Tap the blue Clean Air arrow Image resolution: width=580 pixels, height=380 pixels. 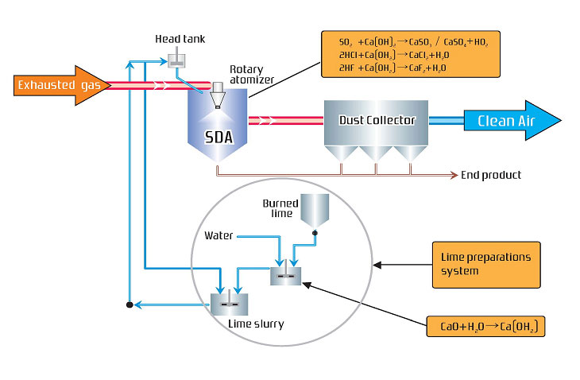point(509,121)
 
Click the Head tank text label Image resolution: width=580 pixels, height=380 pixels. point(176,40)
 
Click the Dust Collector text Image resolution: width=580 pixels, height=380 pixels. point(377,120)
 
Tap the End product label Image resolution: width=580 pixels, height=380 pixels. point(491,175)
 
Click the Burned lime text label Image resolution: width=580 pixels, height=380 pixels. point(280,209)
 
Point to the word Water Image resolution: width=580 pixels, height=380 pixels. point(218,235)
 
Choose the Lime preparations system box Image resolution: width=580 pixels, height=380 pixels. point(485,263)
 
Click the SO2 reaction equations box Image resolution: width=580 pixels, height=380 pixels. point(410,53)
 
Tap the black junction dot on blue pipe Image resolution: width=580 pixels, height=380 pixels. point(129,304)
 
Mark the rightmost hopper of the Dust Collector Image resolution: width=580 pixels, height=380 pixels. point(411,153)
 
